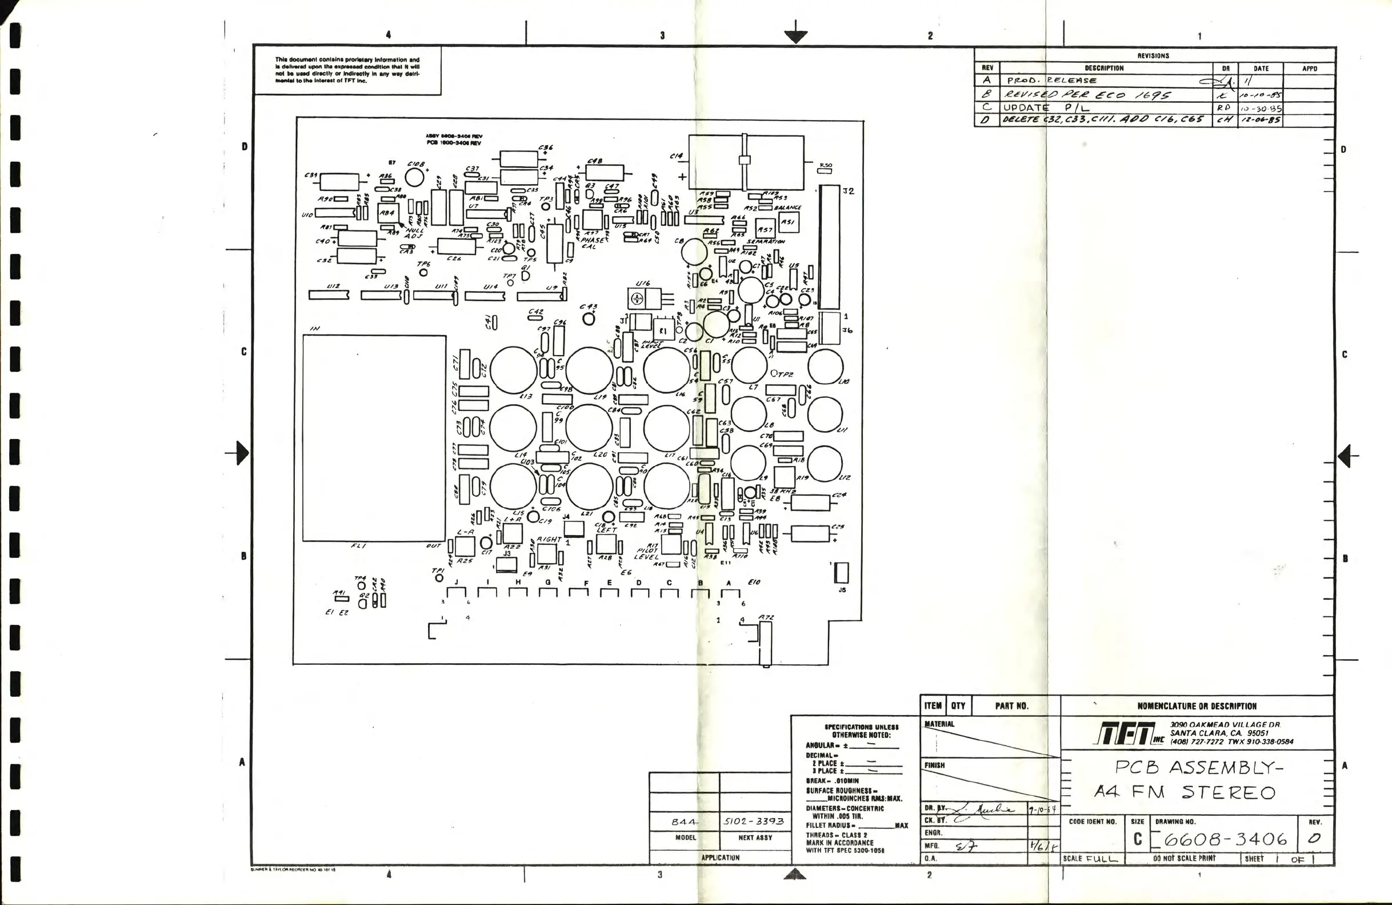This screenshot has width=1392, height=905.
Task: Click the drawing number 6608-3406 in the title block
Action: pyautogui.click(x=1225, y=840)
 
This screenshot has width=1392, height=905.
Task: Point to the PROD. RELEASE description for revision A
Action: pyautogui.click(x=1051, y=81)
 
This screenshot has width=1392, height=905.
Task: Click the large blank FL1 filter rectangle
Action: pyautogui.click(x=374, y=438)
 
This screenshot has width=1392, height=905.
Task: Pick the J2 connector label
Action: pyautogui.click(x=849, y=192)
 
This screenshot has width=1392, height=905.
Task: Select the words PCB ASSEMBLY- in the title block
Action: pyautogui.click(x=1198, y=767)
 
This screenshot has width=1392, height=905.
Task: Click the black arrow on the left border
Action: pyautogui.click(x=241, y=453)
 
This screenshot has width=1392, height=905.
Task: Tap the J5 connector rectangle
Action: pyautogui.click(x=842, y=573)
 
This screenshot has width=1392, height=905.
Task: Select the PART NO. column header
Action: pyautogui.click(x=1012, y=706)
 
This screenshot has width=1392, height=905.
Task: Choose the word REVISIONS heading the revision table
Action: pyautogui.click(x=1153, y=56)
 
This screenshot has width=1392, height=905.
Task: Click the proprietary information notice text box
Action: pyautogui.click(x=347, y=70)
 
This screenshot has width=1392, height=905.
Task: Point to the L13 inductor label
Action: pyautogui.click(x=526, y=396)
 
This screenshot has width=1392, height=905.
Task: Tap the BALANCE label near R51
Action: pyautogui.click(x=788, y=208)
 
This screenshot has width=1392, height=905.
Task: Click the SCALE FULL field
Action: pyautogui.click(x=1090, y=859)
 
